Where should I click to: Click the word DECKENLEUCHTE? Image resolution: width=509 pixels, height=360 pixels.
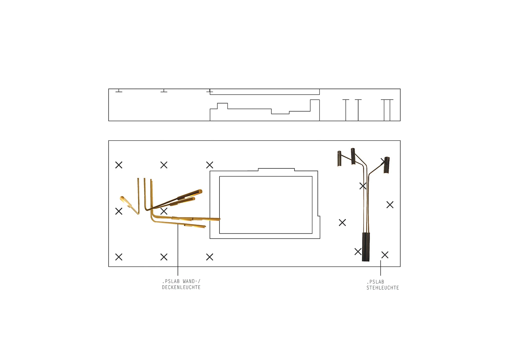pyautogui.click(x=181, y=287)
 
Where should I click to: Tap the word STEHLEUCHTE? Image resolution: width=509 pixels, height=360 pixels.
pyautogui.click(x=383, y=288)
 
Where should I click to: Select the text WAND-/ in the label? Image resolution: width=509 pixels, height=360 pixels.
pyautogui.click(x=192, y=281)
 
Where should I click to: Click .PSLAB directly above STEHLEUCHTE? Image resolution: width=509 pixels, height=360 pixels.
pyautogui.click(x=375, y=282)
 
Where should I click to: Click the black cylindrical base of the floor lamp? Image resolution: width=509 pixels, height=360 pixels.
pyautogui.click(x=366, y=247)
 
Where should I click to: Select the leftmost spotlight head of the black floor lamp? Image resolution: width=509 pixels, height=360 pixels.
pyautogui.click(x=339, y=159)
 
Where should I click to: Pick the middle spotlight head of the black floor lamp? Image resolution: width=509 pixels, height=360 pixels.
pyautogui.click(x=353, y=156)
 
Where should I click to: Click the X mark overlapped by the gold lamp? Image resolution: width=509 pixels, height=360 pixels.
pyautogui.click(x=164, y=211)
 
